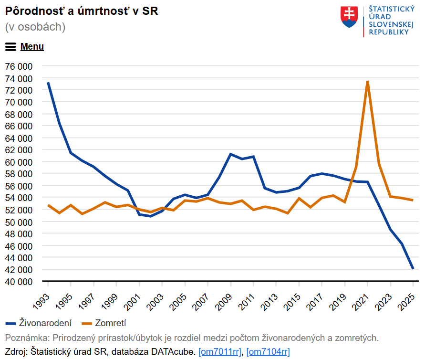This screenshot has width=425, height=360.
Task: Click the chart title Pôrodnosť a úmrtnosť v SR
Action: pyautogui.click(x=82, y=11)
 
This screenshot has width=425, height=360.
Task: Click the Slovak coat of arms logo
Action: pyautogui.click(x=349, y=17)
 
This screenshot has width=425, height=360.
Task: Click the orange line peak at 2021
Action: pyautogui.click(x=367, y=81)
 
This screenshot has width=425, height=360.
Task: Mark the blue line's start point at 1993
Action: pyautogui.click(x=48, y=83)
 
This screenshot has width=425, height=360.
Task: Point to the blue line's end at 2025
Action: pyautogui.click(x=413, y=268)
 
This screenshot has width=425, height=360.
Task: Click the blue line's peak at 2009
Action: pyautogui.click(x=230, y=154)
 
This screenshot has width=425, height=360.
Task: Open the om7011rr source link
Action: pyautogui.click(x=220, y=352)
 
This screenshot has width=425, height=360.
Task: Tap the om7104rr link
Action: pyautogui.click(x=268, y=352)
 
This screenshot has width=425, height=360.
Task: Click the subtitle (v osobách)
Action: pyautogui.click(x=35, y=27)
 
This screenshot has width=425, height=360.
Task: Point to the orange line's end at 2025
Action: pyautogui.click(x=413, y=200)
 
